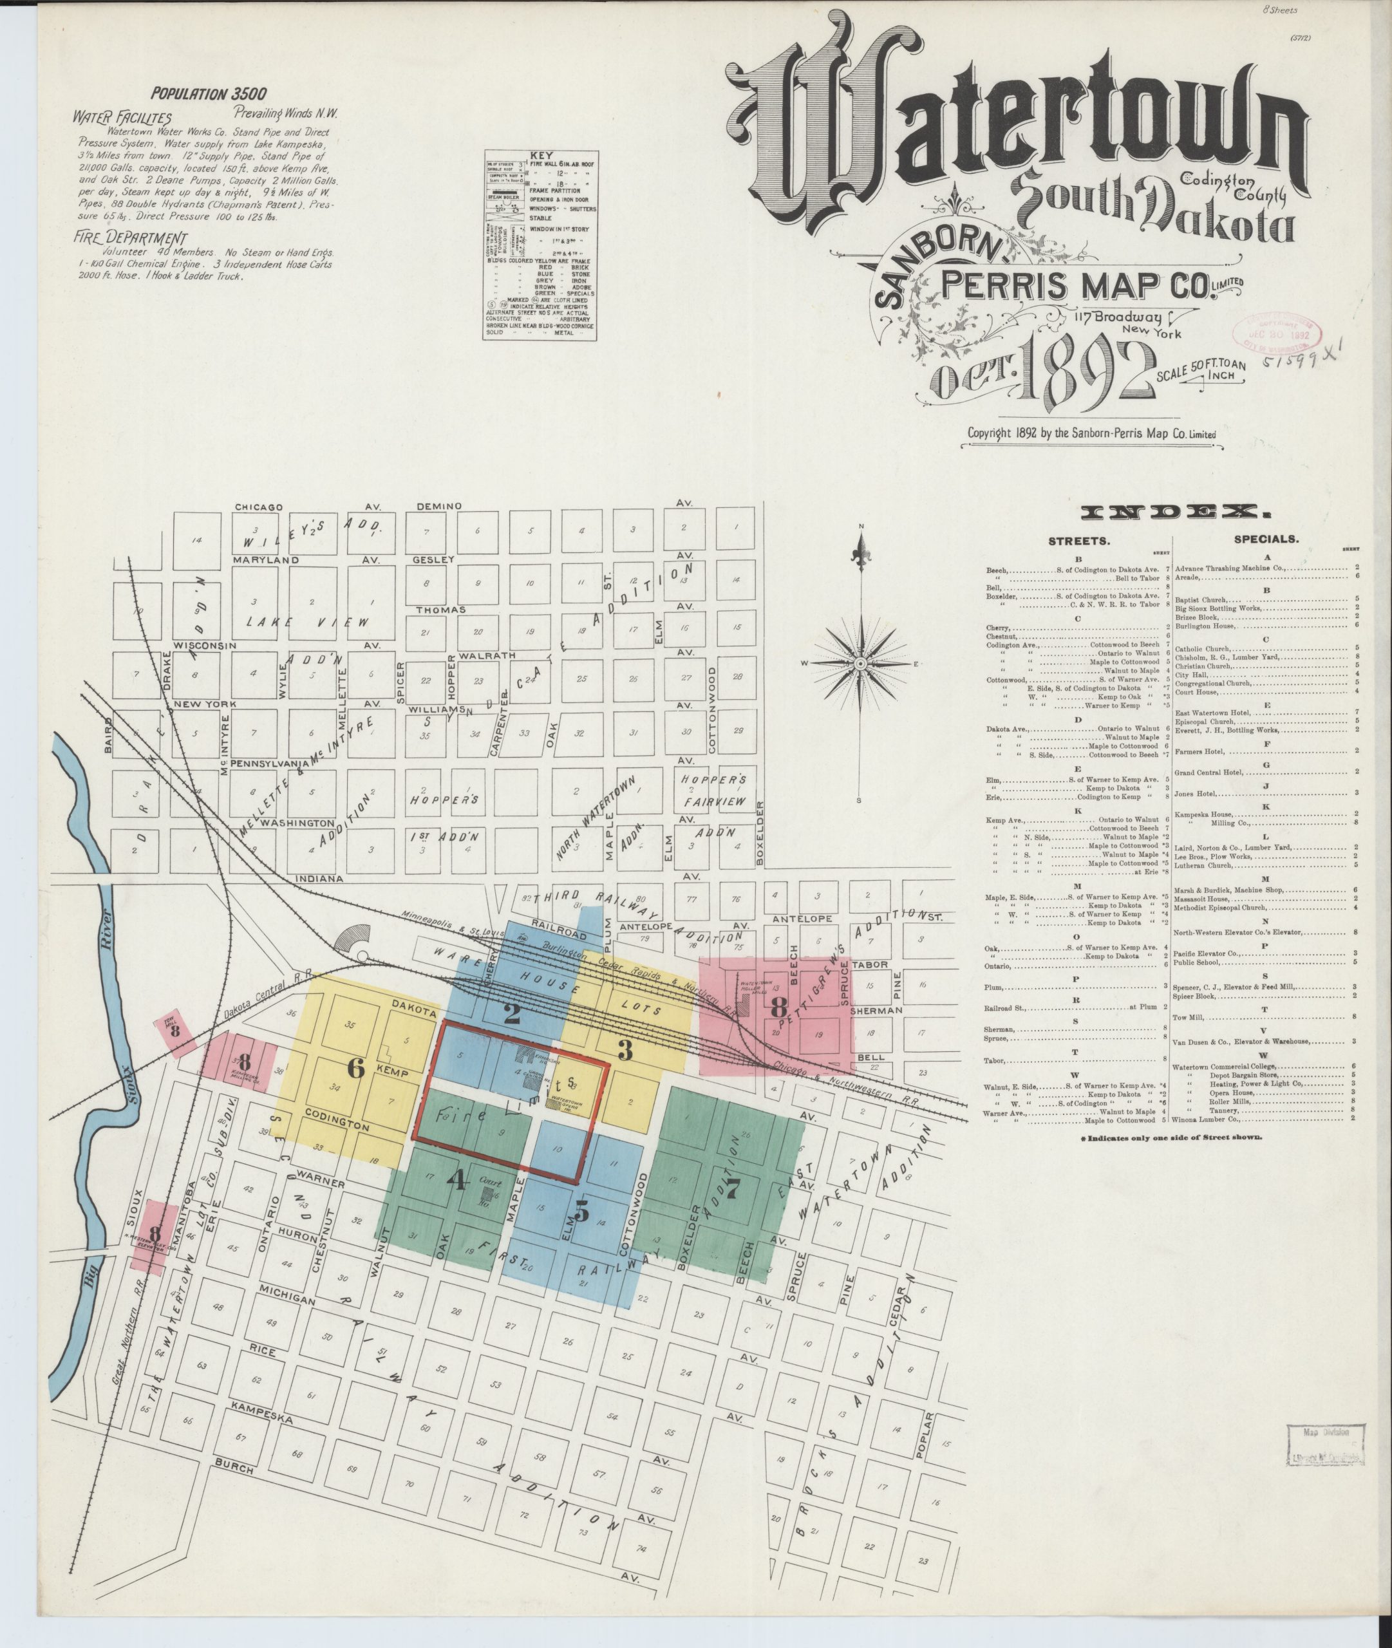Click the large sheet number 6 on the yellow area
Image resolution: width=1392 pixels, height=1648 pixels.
click(356, 1069)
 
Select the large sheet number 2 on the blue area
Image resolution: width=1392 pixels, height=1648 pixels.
click(511, 1012)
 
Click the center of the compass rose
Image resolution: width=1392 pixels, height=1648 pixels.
click(861, 664)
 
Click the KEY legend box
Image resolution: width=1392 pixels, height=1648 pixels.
click(540, 245)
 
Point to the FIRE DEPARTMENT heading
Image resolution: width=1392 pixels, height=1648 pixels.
click(130, 238)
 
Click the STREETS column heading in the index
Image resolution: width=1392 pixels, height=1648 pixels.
click(1078, 541)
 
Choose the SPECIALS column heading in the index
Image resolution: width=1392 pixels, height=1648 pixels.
click(1265, 539)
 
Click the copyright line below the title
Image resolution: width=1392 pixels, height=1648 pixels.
click(1091, 433)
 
